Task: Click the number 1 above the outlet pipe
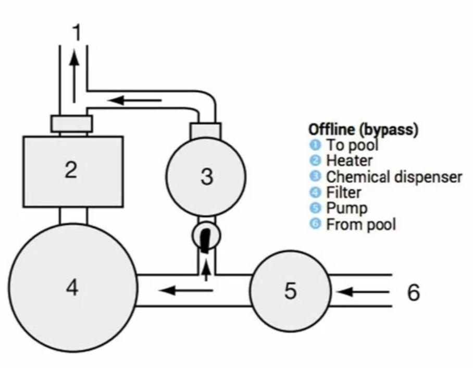click(76, 33)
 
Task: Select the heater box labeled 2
click(72, 171)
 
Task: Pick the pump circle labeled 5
click(290, 291)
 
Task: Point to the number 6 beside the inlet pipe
click(413, 293)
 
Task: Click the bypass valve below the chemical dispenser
click(206, 236)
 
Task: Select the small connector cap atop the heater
click(72, 124)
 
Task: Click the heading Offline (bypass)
click(363, 130)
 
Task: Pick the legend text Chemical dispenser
click(394, 177)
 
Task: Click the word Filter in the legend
click(343, 192)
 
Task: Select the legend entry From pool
click(360, 225)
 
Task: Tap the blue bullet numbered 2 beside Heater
click(314, 161)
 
